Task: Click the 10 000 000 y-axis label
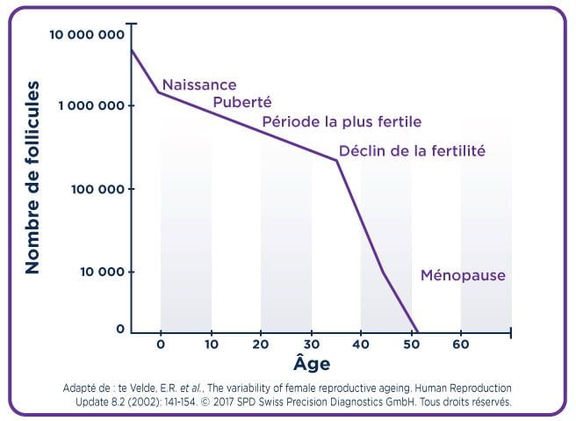click(87, 34)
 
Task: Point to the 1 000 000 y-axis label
click(91, 105)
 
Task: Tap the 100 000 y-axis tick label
click(97, 189)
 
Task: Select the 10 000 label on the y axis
click(102, 272)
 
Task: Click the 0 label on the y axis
click(120, 329)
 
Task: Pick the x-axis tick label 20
click(261, 345)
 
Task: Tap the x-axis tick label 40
click(361, 345)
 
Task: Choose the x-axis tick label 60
click(461, 345)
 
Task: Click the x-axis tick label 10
click(212, 345)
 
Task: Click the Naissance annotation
click(199, 85)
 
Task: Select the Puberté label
click(242, 102)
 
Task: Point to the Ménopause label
click(463, 275)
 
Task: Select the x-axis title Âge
click(312, 363)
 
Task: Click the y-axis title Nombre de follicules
click(32, 178)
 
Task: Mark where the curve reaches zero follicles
click(417, 332)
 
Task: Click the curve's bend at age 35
click(336, 161)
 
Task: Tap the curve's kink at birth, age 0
click(159, 92)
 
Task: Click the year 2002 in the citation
click(141, 402)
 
